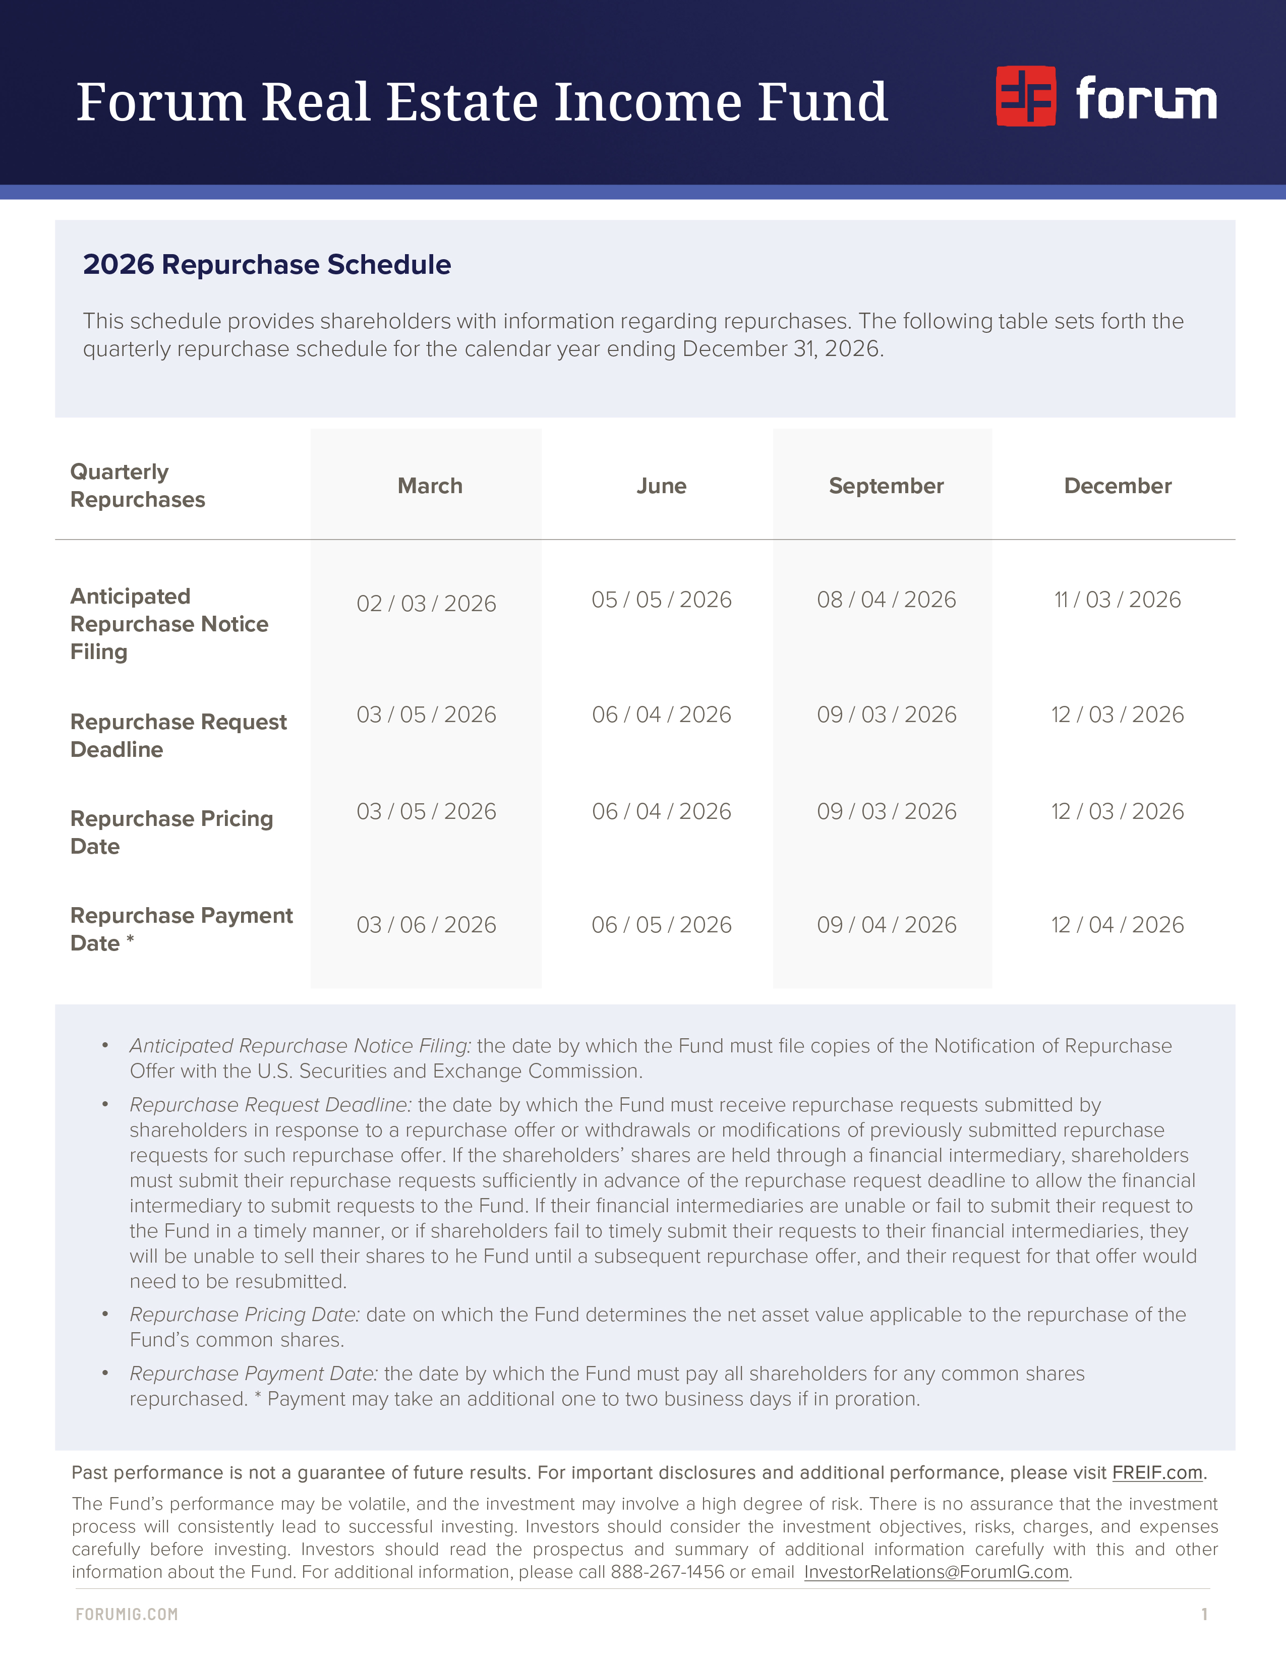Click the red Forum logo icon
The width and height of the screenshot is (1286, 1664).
click(x=1025, y=96)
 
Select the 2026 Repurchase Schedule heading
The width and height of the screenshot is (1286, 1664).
click(x=267, y=264)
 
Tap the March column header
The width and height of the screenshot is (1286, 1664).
click(x=430, y=486)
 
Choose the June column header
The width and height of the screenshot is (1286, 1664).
click(x=661, y=486)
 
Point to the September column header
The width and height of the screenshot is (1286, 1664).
click(x=886, y=486)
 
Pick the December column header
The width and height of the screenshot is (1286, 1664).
click(x=1118, y=486)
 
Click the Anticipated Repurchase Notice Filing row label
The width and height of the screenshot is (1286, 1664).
click(x=169, y=624)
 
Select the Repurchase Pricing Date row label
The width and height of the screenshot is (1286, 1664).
click(x=171, y=832)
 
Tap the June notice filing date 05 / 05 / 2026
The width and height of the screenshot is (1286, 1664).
click(x=661, y=600)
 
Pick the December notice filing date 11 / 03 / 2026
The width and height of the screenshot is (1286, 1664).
click(x=1118, y=600)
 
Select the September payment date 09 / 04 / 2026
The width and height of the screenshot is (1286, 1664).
click(x=886, y=925)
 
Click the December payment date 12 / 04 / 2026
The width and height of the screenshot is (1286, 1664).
click(x=1118, y=925)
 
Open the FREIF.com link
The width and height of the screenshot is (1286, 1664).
click(x=1156, y=1473)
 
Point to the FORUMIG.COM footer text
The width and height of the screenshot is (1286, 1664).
click(x=127, y=1614)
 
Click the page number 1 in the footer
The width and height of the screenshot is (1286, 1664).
click(x=1204, y=1614)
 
